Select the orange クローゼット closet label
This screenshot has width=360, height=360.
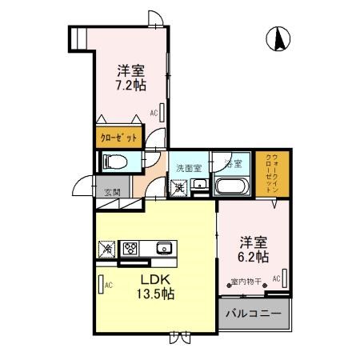[x=118, y=138]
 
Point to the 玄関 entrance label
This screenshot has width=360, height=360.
[x=111, y=192]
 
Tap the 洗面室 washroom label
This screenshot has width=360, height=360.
[x=189, y=169]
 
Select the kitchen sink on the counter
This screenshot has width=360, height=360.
[x=164, y=247]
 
